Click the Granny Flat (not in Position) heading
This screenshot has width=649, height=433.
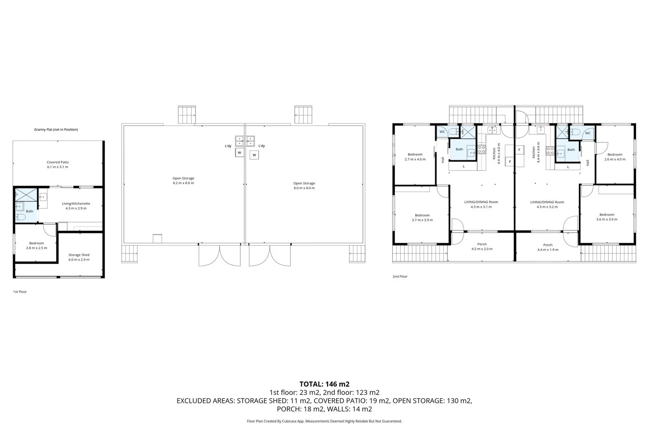56,129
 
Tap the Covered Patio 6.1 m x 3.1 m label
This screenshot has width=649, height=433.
58,164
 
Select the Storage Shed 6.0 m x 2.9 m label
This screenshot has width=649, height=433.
79,257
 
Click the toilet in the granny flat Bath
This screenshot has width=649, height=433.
20,217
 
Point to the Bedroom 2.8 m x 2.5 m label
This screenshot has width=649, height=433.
36,245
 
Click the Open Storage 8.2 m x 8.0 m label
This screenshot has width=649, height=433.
183,180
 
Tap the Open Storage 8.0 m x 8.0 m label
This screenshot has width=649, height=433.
304,186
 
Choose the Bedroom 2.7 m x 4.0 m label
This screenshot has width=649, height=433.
415,157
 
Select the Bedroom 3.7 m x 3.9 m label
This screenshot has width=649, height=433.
422,217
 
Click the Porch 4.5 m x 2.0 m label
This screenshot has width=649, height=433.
482,246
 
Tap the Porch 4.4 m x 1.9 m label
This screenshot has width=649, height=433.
548,247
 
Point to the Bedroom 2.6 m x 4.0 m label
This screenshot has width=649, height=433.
615,157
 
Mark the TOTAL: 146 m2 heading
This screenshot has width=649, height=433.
324,384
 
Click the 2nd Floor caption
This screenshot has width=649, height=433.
400,277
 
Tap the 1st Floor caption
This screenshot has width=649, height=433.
20,292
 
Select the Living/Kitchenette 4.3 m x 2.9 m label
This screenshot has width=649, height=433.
76,206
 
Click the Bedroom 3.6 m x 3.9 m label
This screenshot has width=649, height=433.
607,217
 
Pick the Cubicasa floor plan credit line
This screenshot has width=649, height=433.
324,421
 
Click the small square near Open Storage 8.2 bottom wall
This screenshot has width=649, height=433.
157,239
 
